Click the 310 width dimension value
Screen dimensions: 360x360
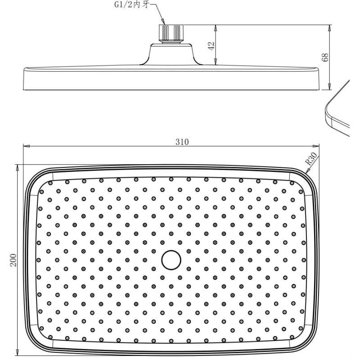[x=182, y=142]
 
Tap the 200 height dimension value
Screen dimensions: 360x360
[x=13, y=260]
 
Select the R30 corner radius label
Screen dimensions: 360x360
[x=311, y=159]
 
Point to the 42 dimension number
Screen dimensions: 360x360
[x=211, y=46]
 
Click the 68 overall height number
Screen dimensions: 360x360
[x=325, y=57]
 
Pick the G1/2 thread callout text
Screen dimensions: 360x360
[x=132, y=5]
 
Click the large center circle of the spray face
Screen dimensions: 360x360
[x=171, y=260]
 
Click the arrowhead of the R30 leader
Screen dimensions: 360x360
[x=307, y=171]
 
